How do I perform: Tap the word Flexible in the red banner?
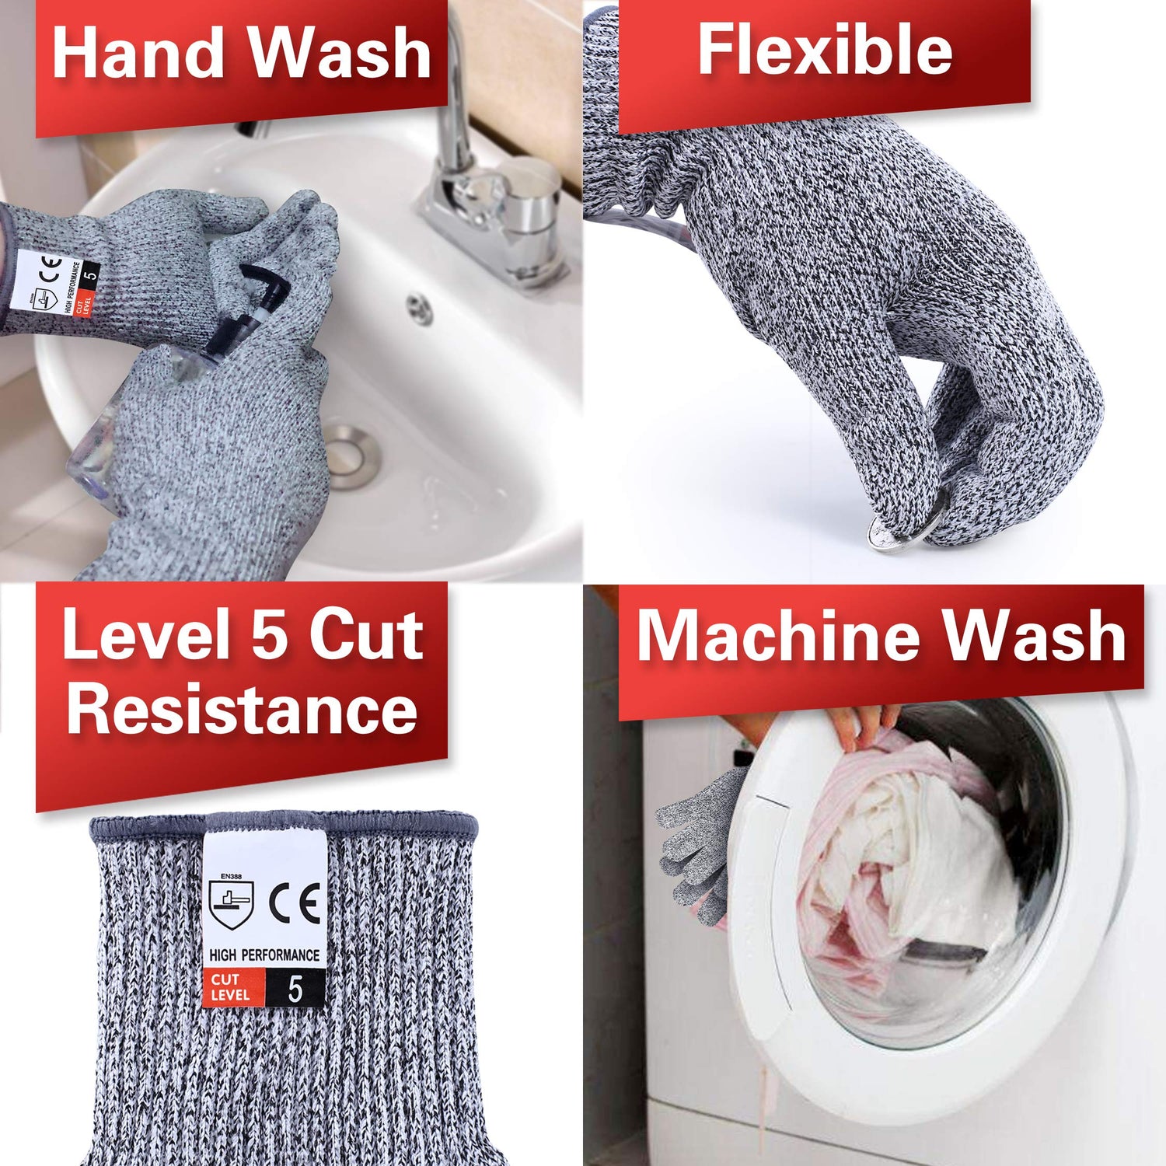[x=825, y=50]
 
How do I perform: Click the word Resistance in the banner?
[x=242, y=708]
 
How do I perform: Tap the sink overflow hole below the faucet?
[x=421, y=309]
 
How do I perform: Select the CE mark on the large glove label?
[x=295, y=904]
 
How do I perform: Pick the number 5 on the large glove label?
[x=295, y=989]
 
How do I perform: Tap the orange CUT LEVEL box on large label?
[x=232, y=988]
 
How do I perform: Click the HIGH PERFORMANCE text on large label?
[x=264, y=955]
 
